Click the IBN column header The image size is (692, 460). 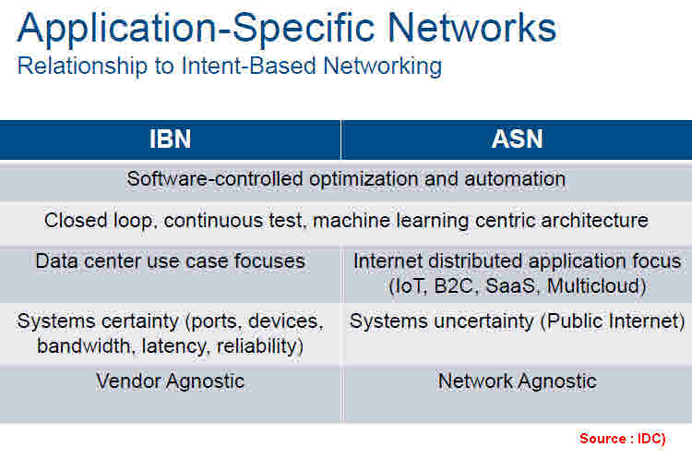coord(170,139)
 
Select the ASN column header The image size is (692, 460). coord(517,139)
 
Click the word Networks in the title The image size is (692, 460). coord(471,28)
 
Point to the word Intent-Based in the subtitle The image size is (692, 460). coord(248,66)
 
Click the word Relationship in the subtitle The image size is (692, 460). coord(82,67)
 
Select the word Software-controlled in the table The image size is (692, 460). coord(215,179)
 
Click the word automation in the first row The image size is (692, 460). coord(515,179)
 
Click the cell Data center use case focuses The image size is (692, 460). coord(171,261)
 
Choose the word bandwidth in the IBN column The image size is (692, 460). coord(84,346)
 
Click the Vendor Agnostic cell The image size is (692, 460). coord(171,381)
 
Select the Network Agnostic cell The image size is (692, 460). coord(517,381)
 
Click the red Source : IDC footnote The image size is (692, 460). coord(622,439)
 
